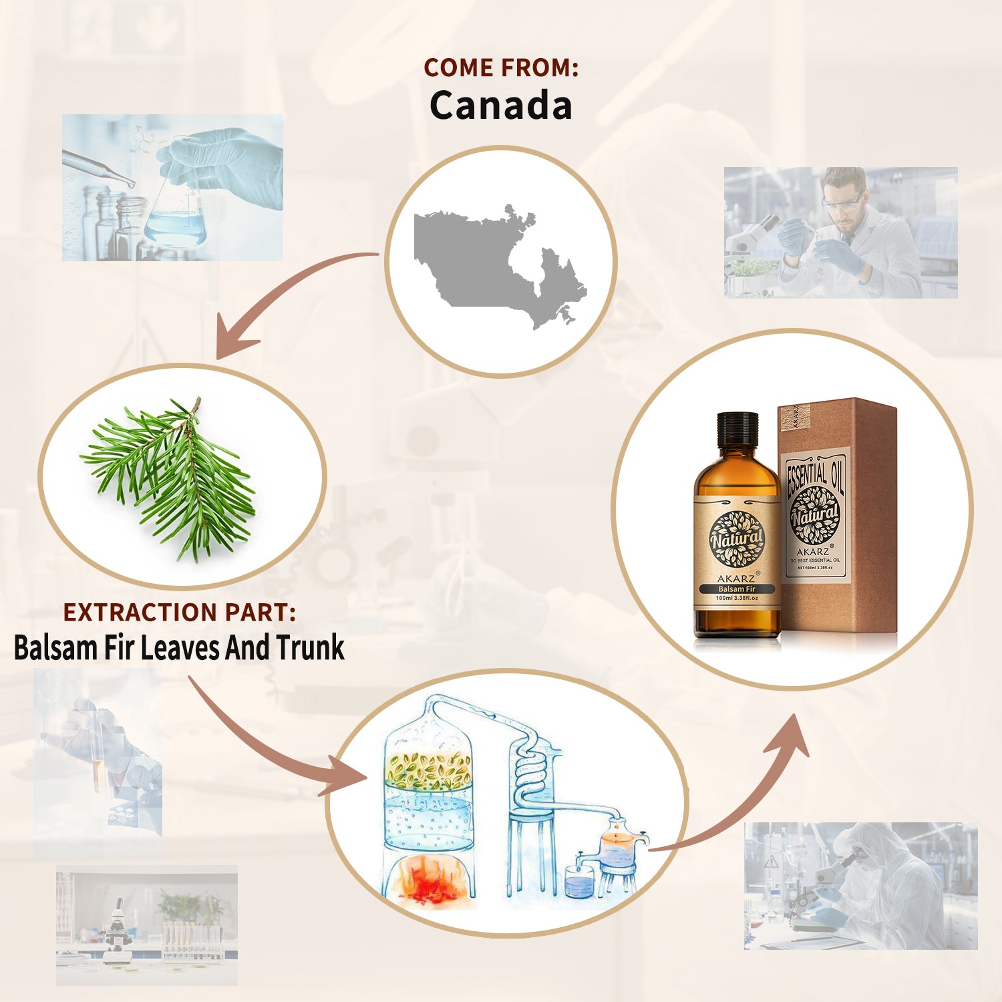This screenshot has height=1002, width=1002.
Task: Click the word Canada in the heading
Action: pos(500,106)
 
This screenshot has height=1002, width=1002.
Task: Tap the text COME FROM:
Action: pos(500,67)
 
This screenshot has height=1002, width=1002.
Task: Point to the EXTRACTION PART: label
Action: pos(179,612)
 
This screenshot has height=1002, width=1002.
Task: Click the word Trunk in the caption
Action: pos(310,647)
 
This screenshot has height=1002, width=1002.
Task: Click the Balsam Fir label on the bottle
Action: pos(737,589)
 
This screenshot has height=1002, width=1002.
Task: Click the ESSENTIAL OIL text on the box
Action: pos(814,476)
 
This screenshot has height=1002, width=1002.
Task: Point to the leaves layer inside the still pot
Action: pos(428,770)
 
